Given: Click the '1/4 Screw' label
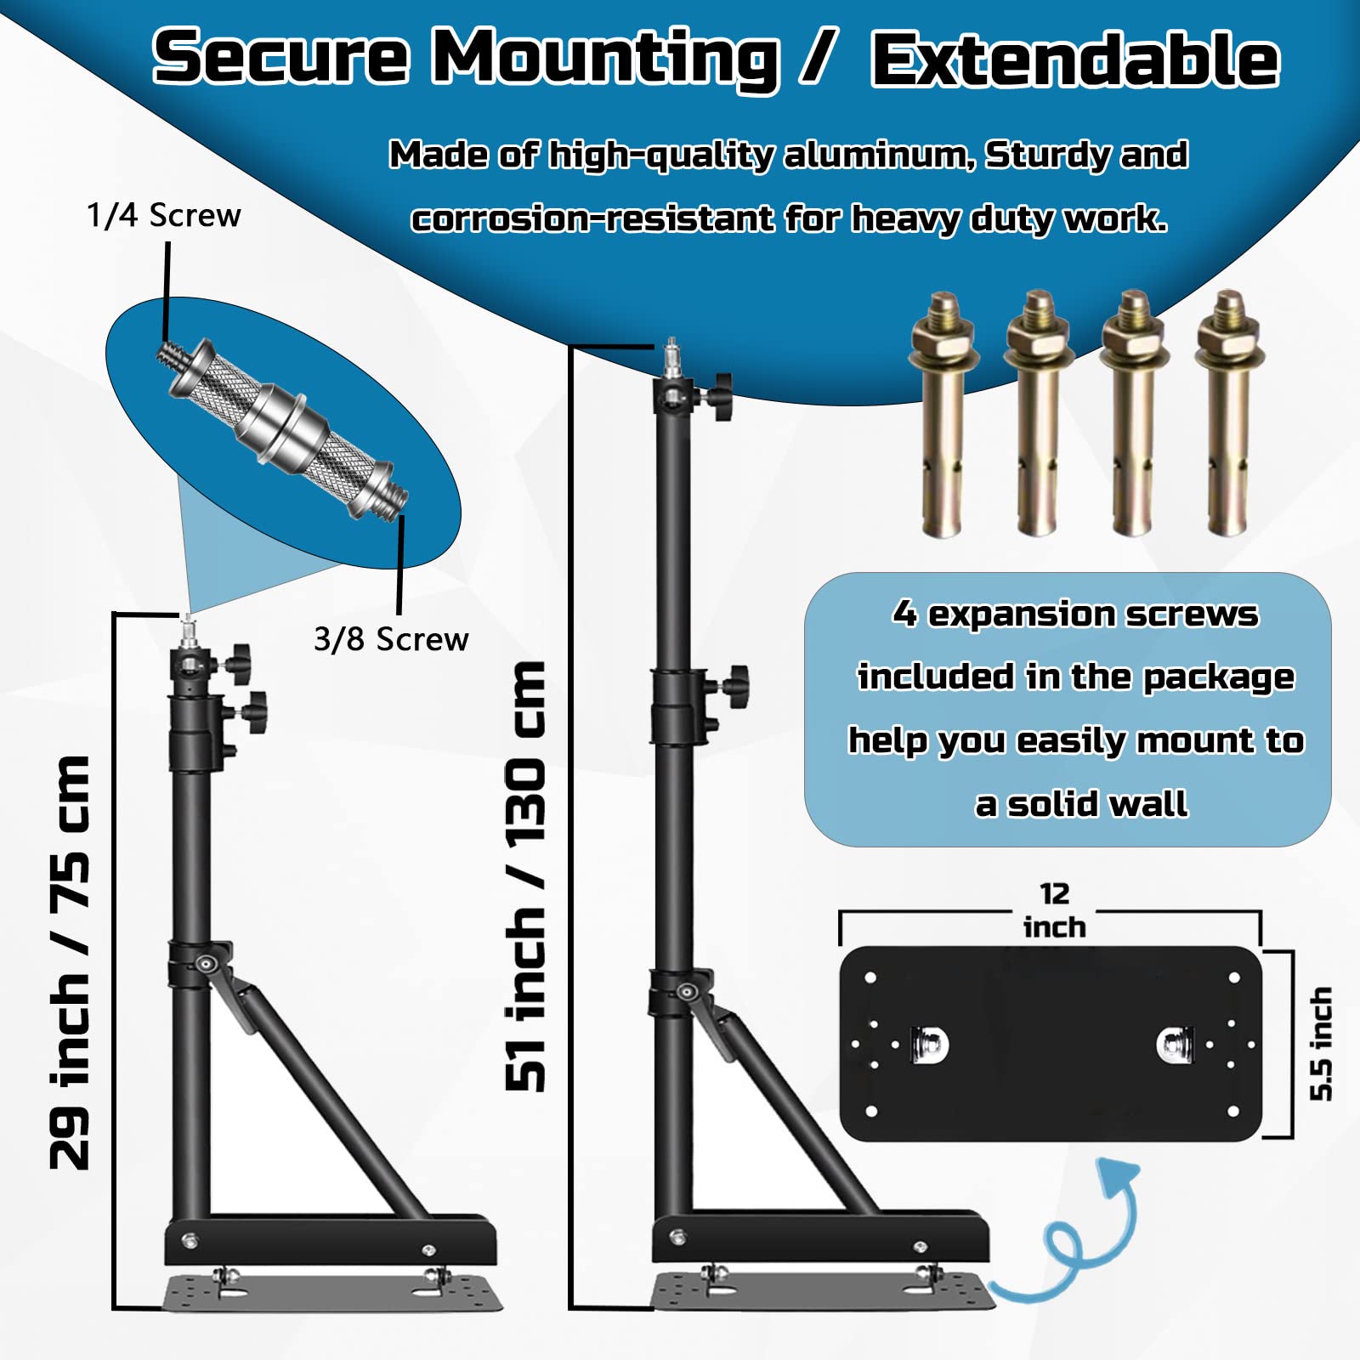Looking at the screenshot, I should (x=163, y=216).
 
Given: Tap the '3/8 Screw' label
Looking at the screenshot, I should (x=391, y=639).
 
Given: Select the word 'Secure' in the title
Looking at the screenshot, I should (x=280, y=58).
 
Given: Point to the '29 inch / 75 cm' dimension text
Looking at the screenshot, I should (x=70, y=960).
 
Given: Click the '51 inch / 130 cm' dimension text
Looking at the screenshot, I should (x=525, y=875).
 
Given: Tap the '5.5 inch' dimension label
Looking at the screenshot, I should (x=1320, y=1044).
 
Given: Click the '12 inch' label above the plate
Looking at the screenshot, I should (x=1054, y=910).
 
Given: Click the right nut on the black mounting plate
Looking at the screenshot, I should (x=1175, y=1042).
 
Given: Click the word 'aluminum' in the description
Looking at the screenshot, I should (x=879, y=156).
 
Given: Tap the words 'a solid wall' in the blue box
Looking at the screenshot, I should (x=1081, y=804).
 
